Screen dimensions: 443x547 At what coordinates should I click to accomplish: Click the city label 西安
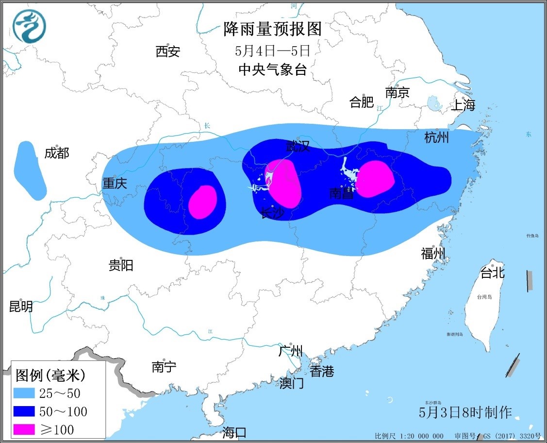(x=168, y=51)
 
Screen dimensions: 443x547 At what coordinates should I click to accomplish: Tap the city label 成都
(x=57, y=153)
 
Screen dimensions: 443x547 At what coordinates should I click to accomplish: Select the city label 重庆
(x=114, y=183)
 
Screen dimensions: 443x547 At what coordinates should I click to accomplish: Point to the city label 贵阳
(x=120, y=265)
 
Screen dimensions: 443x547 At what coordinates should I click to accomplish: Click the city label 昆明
(x=21, y=307)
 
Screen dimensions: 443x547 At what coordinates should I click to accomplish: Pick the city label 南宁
(x=164, y=367)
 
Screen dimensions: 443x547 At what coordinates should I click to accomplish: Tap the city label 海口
(x=234, y=432)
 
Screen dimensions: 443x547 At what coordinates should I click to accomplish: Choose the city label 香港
(x=322, y=372)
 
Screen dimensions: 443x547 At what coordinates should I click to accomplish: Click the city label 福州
(x=433, y=253)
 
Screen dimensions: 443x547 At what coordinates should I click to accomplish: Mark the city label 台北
(x=492, y=273)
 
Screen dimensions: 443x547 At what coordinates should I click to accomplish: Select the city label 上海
(x=463, y=105)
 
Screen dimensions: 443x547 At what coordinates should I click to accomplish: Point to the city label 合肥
(x=362, y=102)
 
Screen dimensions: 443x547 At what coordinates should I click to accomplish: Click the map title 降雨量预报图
(x=273, y=30)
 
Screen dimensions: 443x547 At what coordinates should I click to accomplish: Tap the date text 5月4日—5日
(x=272, y=51)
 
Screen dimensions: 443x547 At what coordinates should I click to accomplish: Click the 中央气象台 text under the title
(x=273, y=69)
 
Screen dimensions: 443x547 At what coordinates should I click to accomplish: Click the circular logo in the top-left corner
(x=29, y=26)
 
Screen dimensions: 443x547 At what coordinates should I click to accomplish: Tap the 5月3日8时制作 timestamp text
(x=465, y=412)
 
